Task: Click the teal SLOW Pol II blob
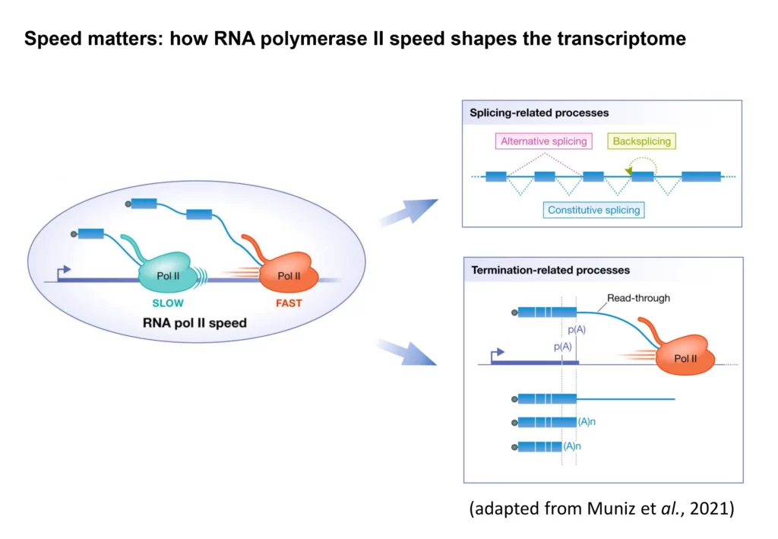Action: pos(168,276)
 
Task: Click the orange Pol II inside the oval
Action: pos(289,276)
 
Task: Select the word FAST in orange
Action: pos(289,303)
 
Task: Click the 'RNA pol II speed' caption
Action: pos(194,322)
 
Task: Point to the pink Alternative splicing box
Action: pos(543,141)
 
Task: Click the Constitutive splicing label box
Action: pos(595,210)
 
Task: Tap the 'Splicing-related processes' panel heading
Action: pos(539,113)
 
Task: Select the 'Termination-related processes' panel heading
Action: pos(550,270)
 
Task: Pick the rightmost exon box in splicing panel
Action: pos(701,176)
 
